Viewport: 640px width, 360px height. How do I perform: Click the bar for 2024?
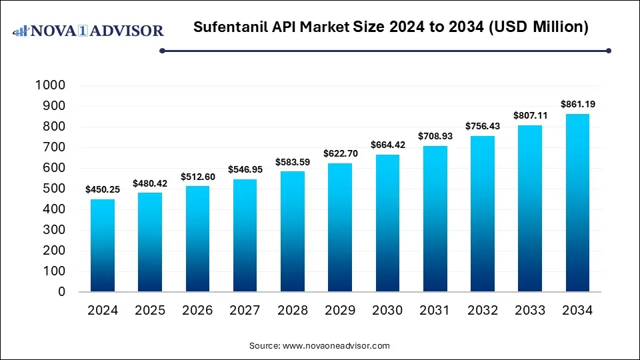(102, 245)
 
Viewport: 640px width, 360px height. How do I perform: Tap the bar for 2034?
(577, 203)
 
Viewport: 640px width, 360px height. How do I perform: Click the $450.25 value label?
(102, 190)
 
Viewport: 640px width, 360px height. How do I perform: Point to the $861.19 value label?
(577, 105)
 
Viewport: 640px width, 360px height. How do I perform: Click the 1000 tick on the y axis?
(51, 85)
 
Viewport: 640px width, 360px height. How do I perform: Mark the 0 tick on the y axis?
(61, 292)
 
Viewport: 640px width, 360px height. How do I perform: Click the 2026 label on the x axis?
(197, 311)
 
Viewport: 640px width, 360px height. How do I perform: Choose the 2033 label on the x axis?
(530, 311)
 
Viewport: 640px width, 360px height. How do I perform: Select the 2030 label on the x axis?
(387, 311)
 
